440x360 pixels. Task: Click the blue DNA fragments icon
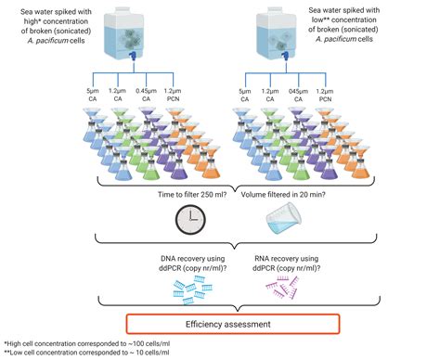pyautogui.click(x=189, y=286)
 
